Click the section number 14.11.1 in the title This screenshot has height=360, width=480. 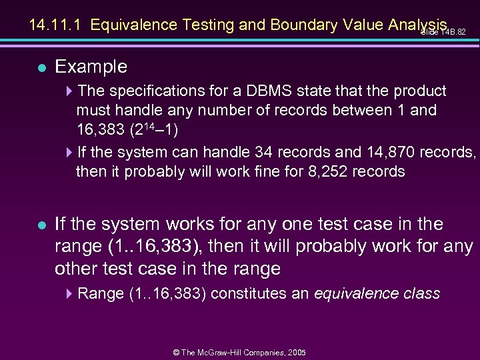[x=57, y=25]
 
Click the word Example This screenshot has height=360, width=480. [x=91, y=67]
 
